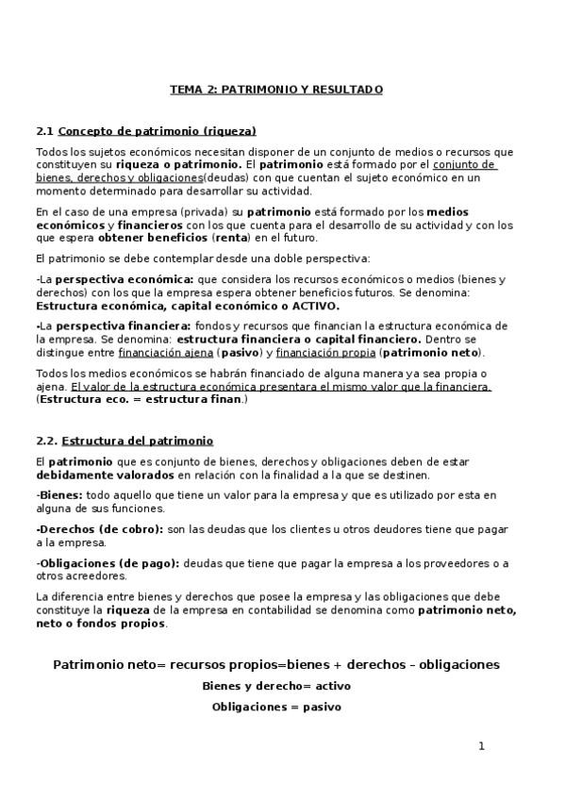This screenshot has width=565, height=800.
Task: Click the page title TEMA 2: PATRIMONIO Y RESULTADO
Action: click(276, 90)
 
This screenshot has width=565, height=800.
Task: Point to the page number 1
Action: click(481, 746)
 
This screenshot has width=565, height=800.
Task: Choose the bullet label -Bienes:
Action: click(58, 494)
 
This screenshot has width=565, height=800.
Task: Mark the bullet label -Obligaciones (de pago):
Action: click(107, 563)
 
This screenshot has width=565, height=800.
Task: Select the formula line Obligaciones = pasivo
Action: click(276, 706)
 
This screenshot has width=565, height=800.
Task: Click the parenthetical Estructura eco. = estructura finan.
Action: click(141, 399)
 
